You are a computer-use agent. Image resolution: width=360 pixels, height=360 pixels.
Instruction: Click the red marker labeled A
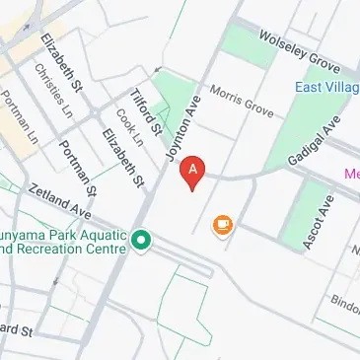click(193, 170)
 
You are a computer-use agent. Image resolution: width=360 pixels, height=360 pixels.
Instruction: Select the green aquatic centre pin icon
click(141, 239)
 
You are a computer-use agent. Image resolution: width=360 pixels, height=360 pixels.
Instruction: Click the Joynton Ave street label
click(183, 132)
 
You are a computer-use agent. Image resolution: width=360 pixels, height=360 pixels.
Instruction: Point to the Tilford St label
click(147, 111)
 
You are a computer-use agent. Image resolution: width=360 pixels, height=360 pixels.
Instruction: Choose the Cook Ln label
click(129, 126)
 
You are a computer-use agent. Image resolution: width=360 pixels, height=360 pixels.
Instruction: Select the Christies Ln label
click(53, 93)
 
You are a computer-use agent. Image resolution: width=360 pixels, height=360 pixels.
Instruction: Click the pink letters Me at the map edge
click(351, 175)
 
